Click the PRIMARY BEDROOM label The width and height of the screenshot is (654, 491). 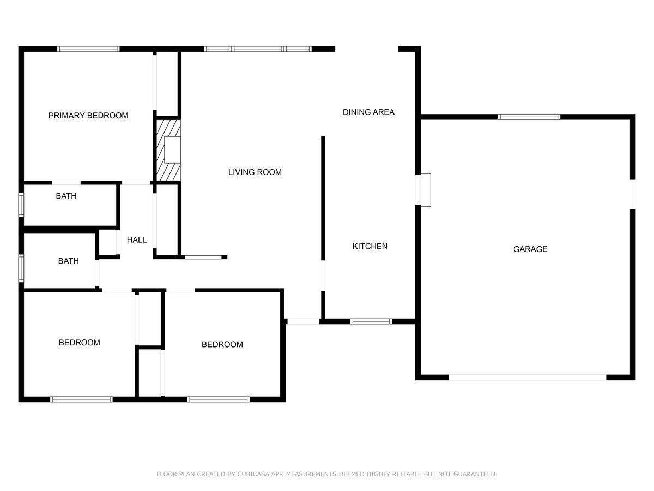click(88, 115)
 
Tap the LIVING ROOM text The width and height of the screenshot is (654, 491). click(255, 172)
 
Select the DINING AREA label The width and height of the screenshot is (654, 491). click(368, 112)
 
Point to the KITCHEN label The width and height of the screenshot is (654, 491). click(370, 246)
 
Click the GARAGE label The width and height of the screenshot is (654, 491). click(530, 249)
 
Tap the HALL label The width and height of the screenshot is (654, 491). click(136, 239)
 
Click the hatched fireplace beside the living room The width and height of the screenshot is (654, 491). click(168, 150)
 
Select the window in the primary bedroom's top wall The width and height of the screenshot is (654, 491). click(88, 49)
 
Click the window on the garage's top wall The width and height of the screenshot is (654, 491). click(529, 117)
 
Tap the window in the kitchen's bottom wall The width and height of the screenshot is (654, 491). click(371, 321)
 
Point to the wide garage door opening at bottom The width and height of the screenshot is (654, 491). click(528, 378)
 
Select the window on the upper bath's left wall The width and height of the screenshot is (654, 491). click(21, 205)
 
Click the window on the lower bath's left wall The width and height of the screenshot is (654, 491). click(21, 268)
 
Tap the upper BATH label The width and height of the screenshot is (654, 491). click(66, 196)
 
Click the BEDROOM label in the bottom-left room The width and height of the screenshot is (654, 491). click(79, 343)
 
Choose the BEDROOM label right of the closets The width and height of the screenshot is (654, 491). click(222, 344)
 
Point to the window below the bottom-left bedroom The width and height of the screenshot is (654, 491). click(81, 399)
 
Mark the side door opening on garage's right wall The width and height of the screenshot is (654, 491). click(633, 194)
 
